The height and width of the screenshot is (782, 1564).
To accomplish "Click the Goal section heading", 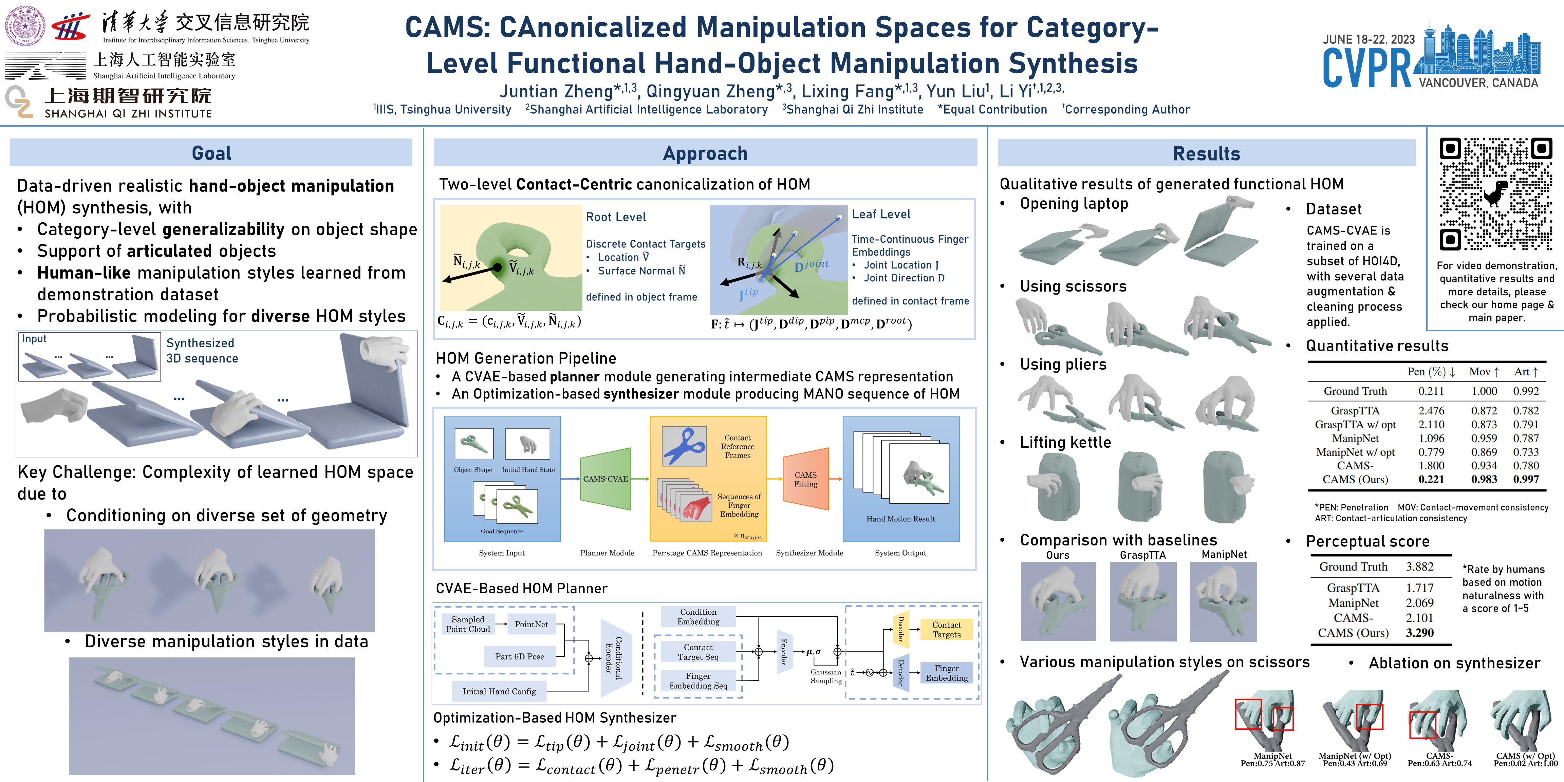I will click(211, 153).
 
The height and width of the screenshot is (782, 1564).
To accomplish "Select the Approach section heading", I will click(705, 153).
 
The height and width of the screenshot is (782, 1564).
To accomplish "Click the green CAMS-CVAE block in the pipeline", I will click(605, 479).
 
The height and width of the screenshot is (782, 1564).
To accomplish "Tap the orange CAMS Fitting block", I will click(806, 480).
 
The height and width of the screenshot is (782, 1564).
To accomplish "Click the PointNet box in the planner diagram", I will click(531, 624).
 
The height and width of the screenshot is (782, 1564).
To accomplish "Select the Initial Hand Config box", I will click(499, 691).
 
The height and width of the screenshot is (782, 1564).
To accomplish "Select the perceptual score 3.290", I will click(1419, 633).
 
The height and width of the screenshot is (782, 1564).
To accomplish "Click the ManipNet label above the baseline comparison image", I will click(1224, 554).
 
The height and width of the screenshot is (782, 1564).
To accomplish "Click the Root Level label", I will click(616, 217).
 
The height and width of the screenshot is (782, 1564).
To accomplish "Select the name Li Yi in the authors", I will click(1015, 91).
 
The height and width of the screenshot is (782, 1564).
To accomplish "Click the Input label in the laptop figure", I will click(34, 339).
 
